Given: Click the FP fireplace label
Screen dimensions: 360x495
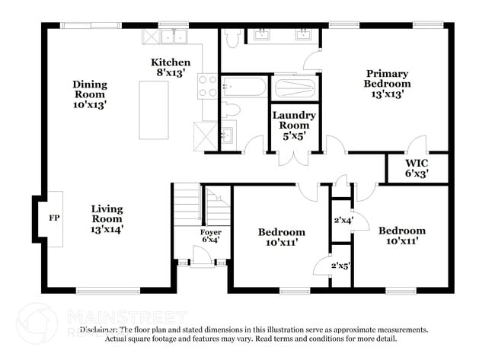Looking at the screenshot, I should [x=54, y=218].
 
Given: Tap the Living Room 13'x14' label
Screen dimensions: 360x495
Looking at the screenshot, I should [x=107, y=218].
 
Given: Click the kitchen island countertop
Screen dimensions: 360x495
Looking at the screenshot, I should [x=155, y=107].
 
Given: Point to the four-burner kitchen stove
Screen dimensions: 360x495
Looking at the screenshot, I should [x=207, y=86].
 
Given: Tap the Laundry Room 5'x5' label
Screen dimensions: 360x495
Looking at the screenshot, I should [x=295, y=126].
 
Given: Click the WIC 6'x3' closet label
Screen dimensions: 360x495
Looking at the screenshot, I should [x=417, y=167].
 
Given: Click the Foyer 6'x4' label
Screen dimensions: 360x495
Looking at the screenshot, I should [x=211, y=236].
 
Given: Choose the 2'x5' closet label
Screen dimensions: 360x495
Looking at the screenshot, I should [x=340, y=266].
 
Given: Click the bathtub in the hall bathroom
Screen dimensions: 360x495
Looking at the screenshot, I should [x=243, y=86].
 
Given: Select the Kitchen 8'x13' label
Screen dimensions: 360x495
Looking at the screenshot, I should [x=171, y=67].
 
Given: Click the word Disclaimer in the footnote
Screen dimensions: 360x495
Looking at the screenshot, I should [x=98, y=330].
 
